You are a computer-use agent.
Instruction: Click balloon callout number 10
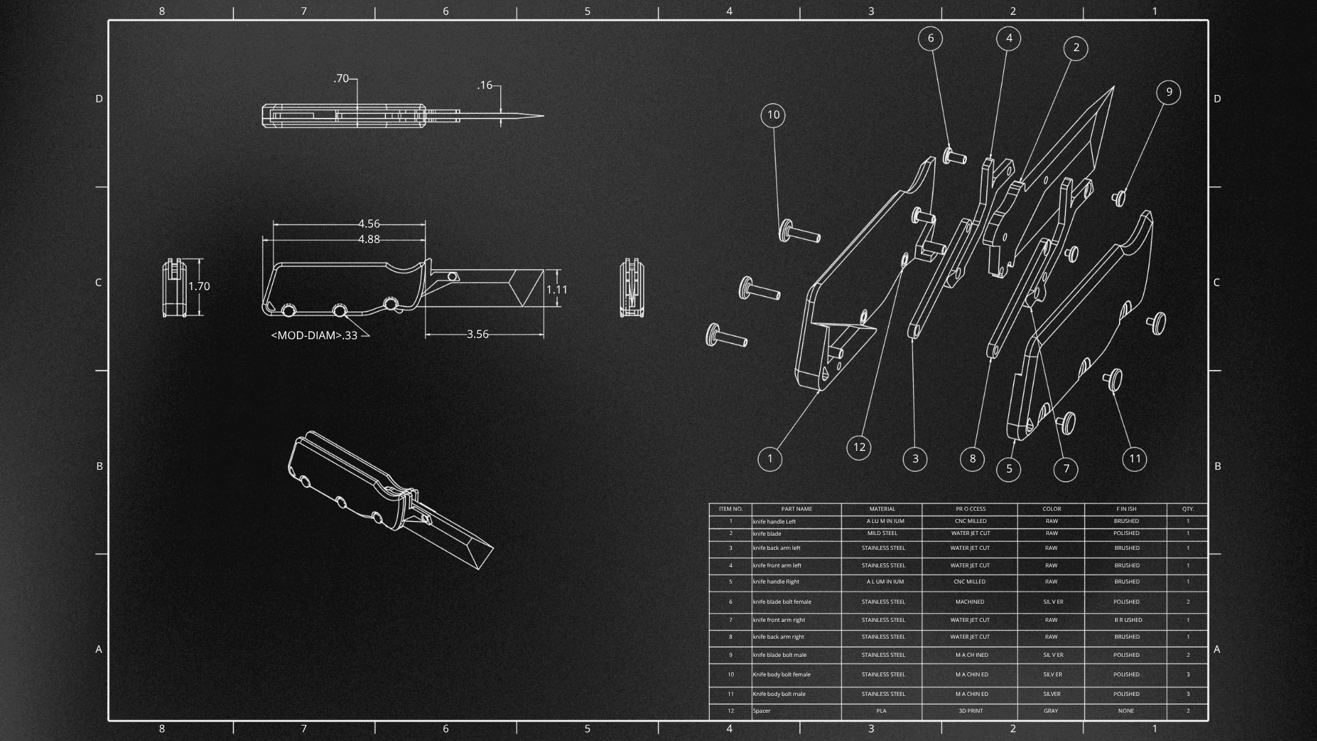point(773,115)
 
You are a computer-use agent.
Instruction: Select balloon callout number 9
point(1169,92)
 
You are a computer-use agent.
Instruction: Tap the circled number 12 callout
point(858,448)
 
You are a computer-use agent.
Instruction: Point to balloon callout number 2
point(1075,48)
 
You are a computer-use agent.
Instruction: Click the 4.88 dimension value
point(368,240)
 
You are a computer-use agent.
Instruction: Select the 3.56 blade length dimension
point(477,334)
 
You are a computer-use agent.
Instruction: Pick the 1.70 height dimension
point(199,287)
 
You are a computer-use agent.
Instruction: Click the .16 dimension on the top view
point(485,85)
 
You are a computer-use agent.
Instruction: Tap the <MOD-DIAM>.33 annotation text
point(314,335)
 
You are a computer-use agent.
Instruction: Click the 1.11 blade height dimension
point(556,290)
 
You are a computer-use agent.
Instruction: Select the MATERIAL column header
point(882,509)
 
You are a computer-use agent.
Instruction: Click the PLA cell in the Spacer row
point(881,711)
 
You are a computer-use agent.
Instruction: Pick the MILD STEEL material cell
point(882,533)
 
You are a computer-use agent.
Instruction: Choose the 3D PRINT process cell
point(970,711)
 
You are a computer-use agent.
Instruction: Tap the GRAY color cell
point(1051,711)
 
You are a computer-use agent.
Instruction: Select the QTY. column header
point(1188,509)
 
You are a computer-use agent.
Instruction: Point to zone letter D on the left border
point(99,99)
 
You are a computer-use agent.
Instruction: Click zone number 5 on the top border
point(587,11)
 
